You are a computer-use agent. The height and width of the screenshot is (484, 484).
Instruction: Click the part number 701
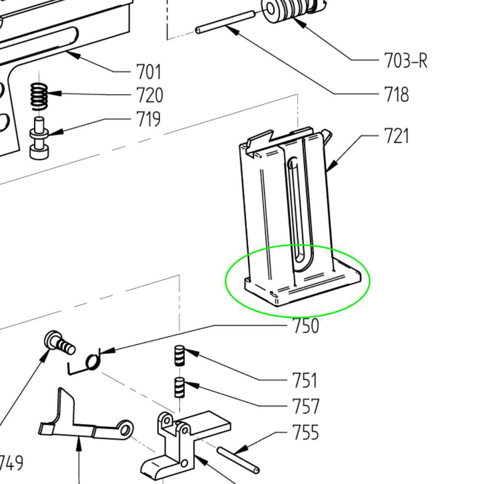point(148,72)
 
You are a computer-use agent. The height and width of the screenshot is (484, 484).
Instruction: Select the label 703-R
point(406,60)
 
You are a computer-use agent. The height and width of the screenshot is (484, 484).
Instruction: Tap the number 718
point(396,94)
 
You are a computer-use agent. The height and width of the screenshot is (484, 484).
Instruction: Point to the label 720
point(150,95)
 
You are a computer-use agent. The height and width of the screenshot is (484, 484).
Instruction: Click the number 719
point(148,119)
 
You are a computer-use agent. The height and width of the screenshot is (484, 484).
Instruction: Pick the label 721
point(396,136)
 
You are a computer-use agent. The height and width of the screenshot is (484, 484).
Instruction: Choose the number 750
point(306,326)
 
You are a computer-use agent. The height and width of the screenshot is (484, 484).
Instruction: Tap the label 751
point(305,380)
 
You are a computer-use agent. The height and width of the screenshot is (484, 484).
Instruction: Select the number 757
point(306,407)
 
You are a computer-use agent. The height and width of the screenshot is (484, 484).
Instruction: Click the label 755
point(306,432)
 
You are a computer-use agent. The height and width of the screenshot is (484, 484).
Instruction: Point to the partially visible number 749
point(11,462)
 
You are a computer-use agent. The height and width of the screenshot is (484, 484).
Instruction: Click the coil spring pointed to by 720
point(39,97)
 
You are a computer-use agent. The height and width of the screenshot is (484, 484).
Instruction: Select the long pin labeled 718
point(225,22)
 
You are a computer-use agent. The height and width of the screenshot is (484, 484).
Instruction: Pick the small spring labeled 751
point(179,355)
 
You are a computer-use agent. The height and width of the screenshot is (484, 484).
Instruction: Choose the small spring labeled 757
point(179,388)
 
